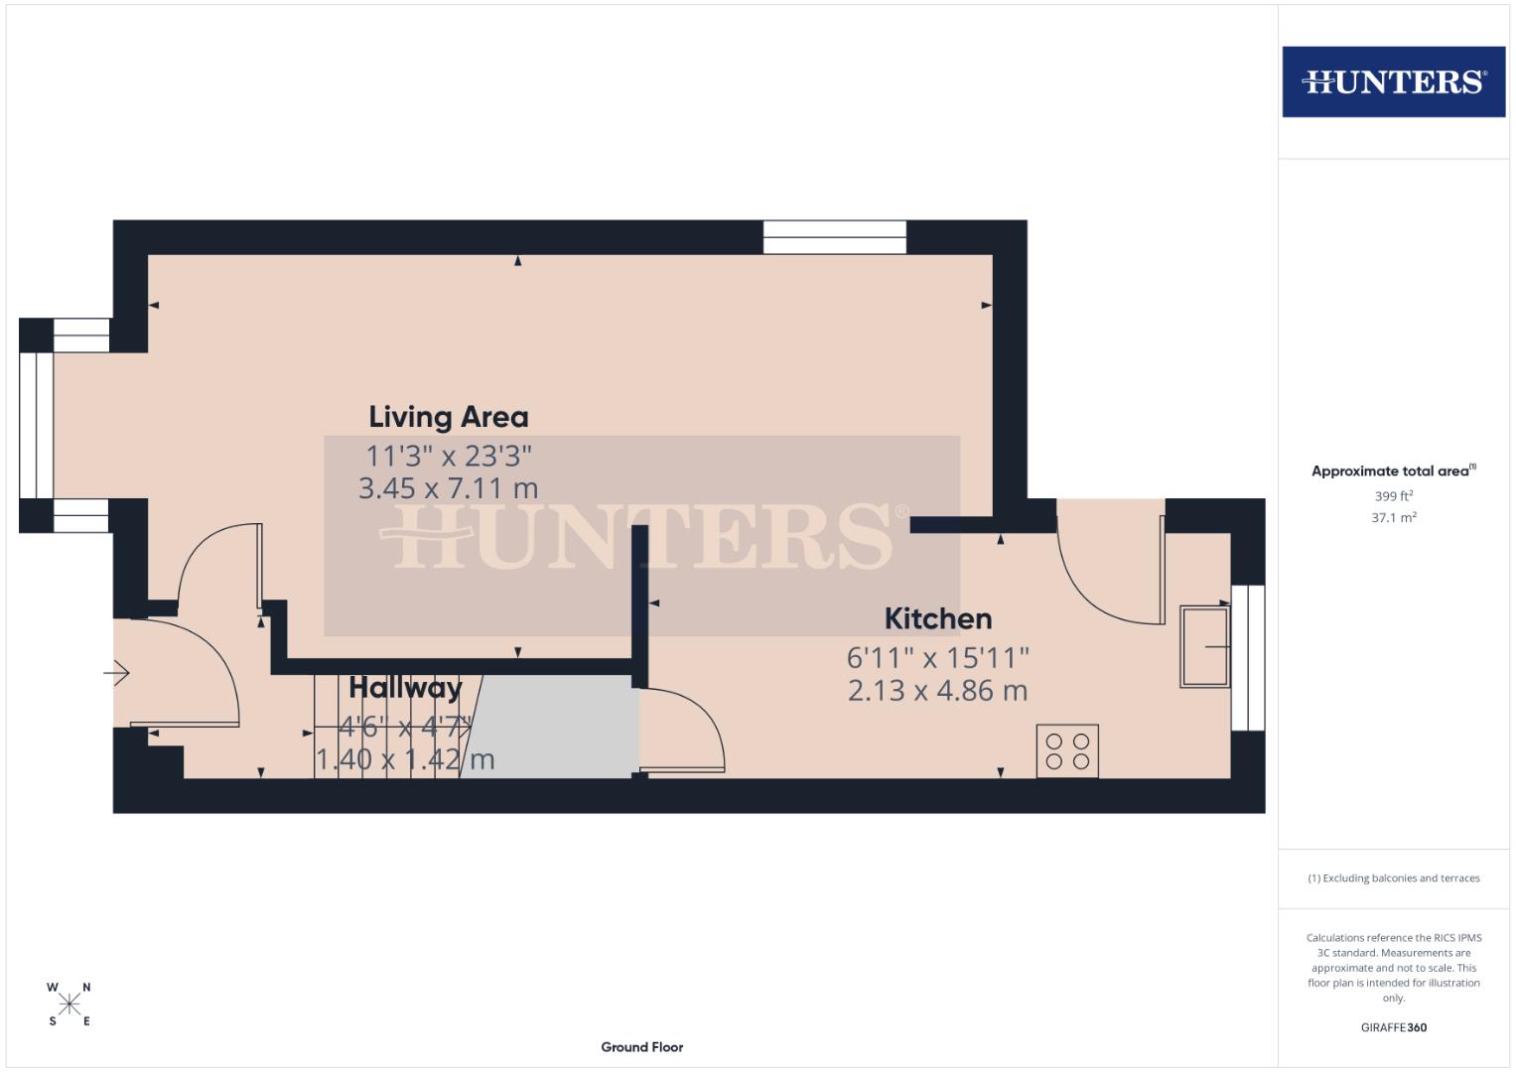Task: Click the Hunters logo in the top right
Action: (x=1393, y=81)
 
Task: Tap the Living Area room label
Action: (x=448, y=417)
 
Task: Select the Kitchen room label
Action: (x=937, y=618)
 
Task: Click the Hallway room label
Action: (x=405, y=688)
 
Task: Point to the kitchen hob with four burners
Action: (x=1067, y=750)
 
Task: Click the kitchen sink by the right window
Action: (x=1204, y=646)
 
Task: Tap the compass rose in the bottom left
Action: (x=69, y=1005)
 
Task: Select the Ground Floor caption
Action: (x=641, y=1046)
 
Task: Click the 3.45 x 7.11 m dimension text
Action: (x=448, y=488)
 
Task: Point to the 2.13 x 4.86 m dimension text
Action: (x=937, y=691)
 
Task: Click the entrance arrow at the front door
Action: (x=116, y=674)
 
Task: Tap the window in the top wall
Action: (x=834, y=237)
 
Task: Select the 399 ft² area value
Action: (x=1393, y=496)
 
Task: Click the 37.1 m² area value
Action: (x=1393, y=517)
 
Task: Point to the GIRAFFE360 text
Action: (x=1393, y=1027)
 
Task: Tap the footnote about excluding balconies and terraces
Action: (x=1393, y=878)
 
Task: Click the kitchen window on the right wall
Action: (x=1248, y=657)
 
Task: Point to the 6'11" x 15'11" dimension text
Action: (x=937, y=657)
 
